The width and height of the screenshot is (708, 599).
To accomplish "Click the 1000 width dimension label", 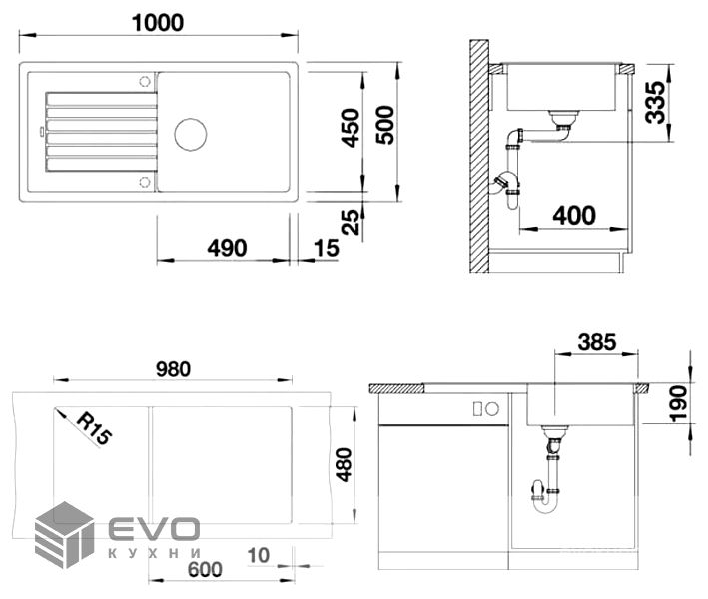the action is tap(158, 23).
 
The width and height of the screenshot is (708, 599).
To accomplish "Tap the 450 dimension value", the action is tap(351, 128).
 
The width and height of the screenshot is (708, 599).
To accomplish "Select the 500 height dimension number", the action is tap(385, 125).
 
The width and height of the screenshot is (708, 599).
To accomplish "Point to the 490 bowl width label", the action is tap(227, 248).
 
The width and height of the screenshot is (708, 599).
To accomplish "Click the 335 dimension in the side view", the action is tap(655, 102).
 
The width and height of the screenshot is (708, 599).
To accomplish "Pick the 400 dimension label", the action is tap(574, 215).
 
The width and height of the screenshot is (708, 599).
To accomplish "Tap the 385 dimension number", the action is tap(597, 342).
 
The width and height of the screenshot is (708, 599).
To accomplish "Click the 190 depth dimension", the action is tap(678, 404).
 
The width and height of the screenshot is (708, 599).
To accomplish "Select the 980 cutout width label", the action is tap(173, 369).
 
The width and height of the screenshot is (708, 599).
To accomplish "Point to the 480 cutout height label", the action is tap(345, 465).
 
